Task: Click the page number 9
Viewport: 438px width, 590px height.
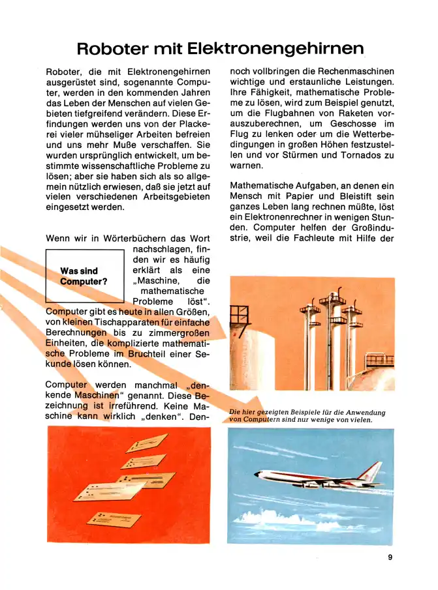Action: tap(389, 557)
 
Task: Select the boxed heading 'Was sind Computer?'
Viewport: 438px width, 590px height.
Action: tap(84, 276)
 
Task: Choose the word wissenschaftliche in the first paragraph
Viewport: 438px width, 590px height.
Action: tap(98, 165)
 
